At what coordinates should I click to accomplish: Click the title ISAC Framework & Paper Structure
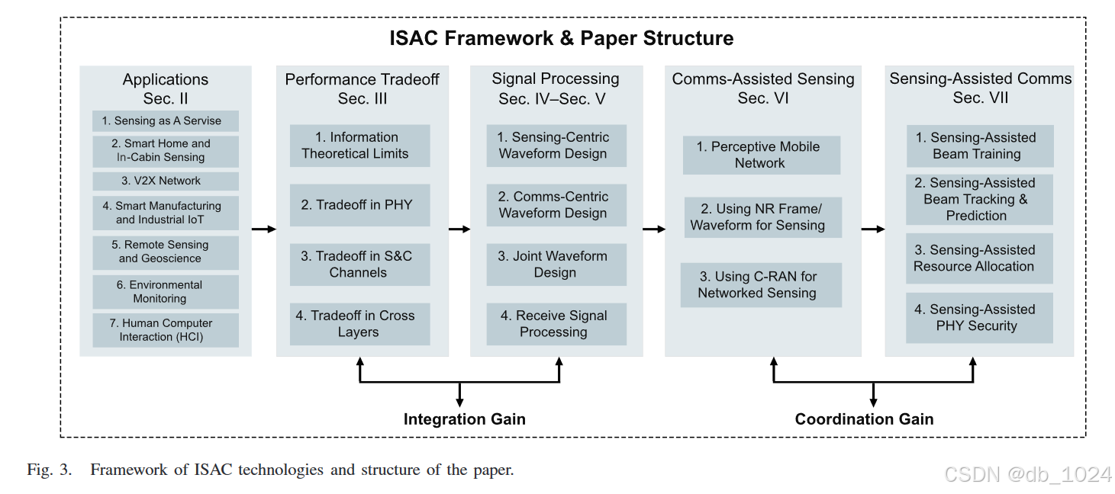pyautogui.click(x=561, y=38)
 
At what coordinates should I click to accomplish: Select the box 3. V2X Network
pyautogui.click(x=166, y=181)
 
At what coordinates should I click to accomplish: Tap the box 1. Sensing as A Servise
pyautogui.click(x=166, y=121)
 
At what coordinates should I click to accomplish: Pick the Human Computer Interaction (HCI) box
pyautogui.click(x=166, y=330)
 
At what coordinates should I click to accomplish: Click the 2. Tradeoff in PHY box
pyautogui.click(x=359, y=204)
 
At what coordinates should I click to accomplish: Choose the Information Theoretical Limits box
pyautogui.click(x=359, y=146)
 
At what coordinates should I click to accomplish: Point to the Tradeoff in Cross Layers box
pyautogui.click(x=359, y=324)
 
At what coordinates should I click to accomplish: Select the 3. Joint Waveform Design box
pyautogui.click(x=556, y=265)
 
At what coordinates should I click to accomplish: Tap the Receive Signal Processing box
pyautogui.click(x=556, y=324)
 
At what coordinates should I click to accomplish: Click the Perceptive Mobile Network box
pyautogui.click(x=762, y=155)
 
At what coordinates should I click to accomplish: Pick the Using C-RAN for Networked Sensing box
pyautogui.click(x=760, y=285)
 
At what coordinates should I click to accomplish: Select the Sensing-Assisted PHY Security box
pyautogui.click(x=979, y=318)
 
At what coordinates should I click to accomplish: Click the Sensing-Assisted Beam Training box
pyautogui.click(x=979, y=146)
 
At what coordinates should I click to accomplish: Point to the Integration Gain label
pyautogui.click(x=464, y=419)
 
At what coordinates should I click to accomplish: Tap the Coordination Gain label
pyautogui.click(x=864, y=419)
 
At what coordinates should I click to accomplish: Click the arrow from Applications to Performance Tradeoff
pyautogui.click(x=264, y=228)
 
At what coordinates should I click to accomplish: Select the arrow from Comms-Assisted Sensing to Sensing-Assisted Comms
pyautogui.click(x=873, y=228)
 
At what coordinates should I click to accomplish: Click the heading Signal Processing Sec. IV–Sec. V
pyautogui.click(x=556, y=88)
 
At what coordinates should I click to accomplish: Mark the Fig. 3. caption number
pyautogui.click(x=50, y=470)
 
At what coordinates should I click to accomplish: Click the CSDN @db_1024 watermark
pyautogui.click(x=1027, y=474)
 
